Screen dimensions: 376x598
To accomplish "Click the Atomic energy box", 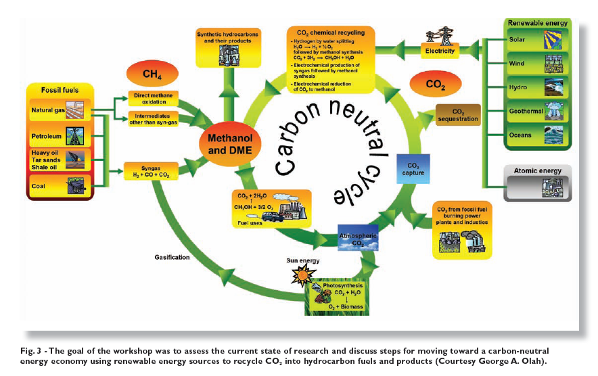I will point(538,182).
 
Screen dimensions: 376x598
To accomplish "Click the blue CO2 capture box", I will point(413,169).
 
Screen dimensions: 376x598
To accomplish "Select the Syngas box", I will point(154,171).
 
